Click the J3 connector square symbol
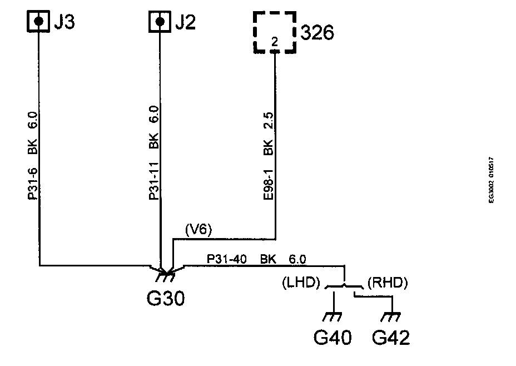tap(38, 21)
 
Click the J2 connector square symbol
tap(160, 22)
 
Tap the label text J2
tap(186, 22)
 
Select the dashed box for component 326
tap(274, 32)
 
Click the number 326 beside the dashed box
tap(317, 33)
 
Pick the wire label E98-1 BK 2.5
tap(269, 157)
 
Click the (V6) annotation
tap(198, 228)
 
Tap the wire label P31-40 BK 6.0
tap(256, 259)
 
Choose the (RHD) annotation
tap(388, 283)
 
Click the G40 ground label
tap(333, 337)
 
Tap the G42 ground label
tap(392, 337)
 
